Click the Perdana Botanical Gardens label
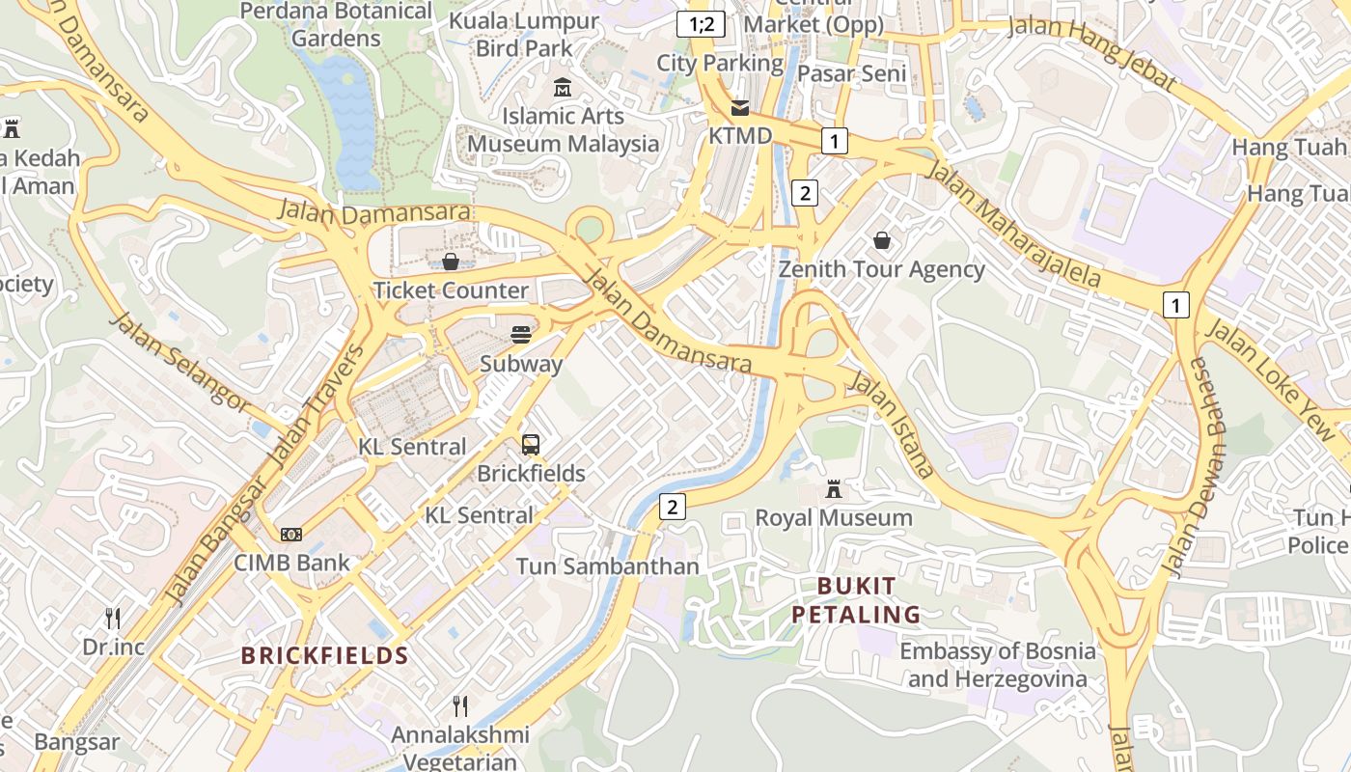pyautogui.click(x=336, y=25)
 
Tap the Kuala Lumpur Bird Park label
pyautogui.click(x=524, y=34)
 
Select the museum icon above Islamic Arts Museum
pyautogui.click(x=563, y=89)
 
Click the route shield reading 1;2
pyautogui.click(x=701, y=24)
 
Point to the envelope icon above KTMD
pyautogui.click(x=740, y=108)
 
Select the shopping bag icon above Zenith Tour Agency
pyautogui.click(x=882, y=240)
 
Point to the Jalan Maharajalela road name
pyautogui.click(x=1013, y=224)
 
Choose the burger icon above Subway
pyautogui.click(x=521, y=335)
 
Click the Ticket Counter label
pyautogui.click(x=451, y=290)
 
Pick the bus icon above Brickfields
pyautogui.click(x=531, y=445)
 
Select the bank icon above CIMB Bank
pyautogui.click(x=291, y=534)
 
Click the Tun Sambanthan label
pyautogui.click(x=607, y=566)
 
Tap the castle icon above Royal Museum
pyautogui.click(x=834, y=490)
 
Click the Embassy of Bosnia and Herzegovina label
pyautogui.click(x=998, y=665)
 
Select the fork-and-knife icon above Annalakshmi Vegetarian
pyautogui.click(x=460, y=706)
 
